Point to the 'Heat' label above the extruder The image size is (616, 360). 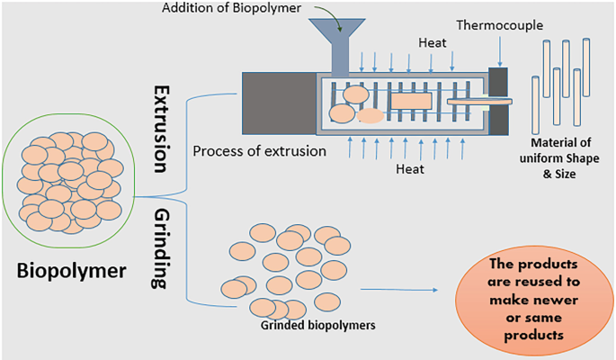pyautogui.click(x=432, y=41)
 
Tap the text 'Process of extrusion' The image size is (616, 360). pyautogui.click(x=259, y=150)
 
